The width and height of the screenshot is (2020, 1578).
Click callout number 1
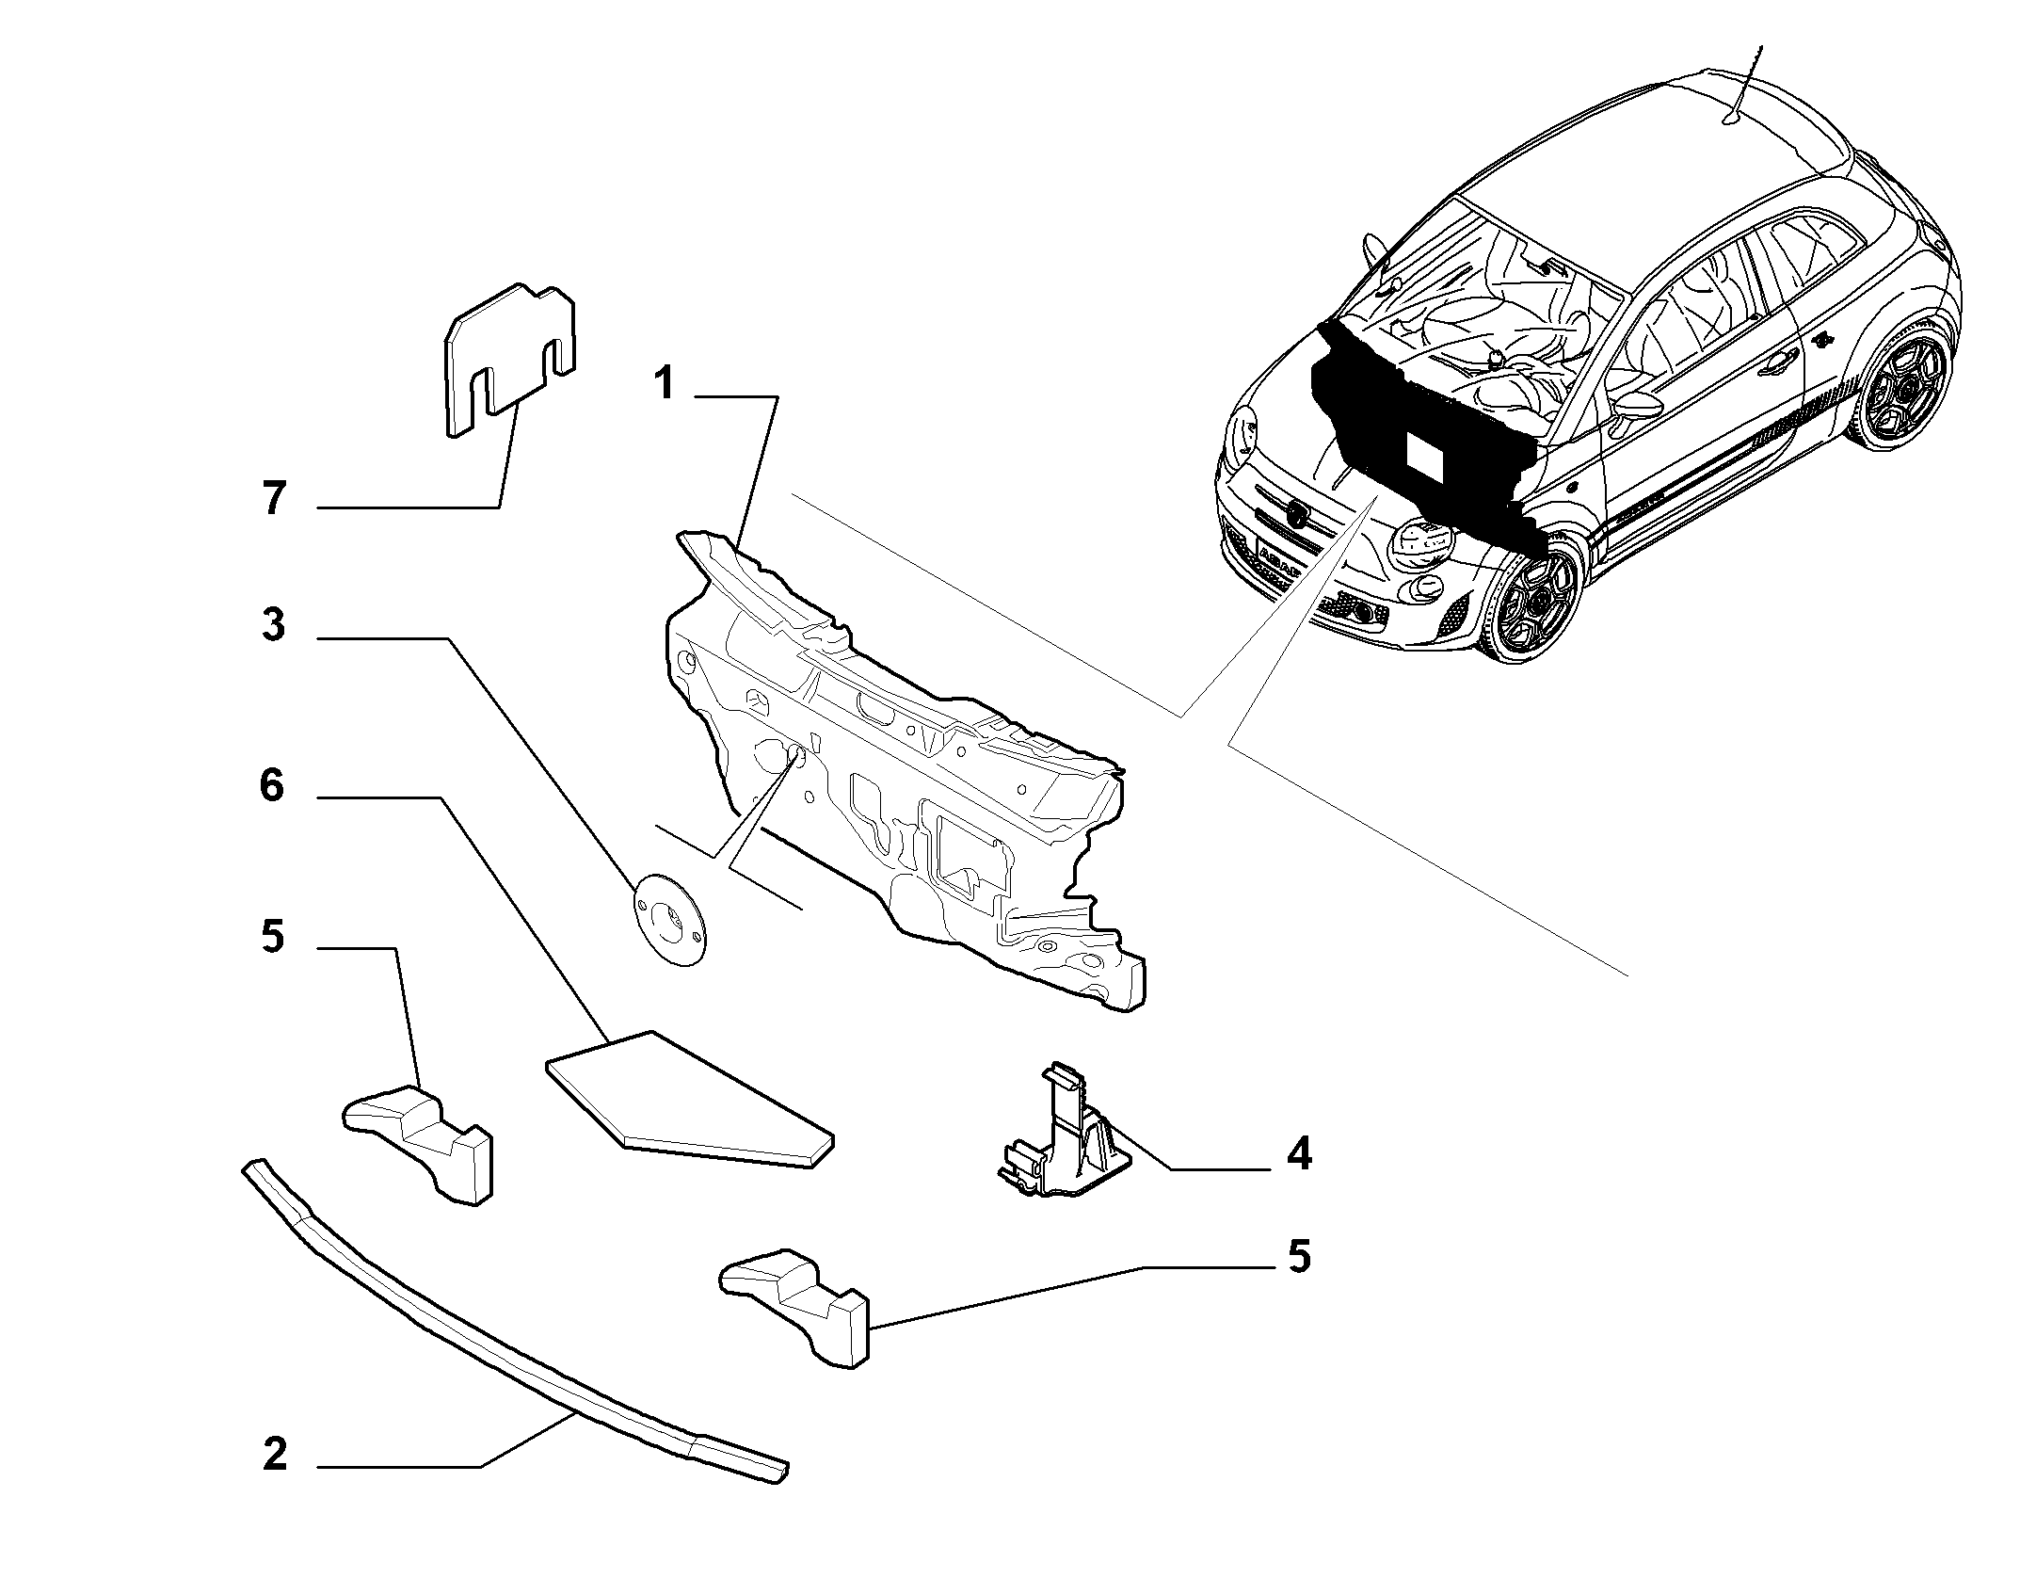[x=665, y=384]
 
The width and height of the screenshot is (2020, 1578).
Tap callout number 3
[x=273, y=625]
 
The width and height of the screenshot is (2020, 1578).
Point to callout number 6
[x=272, y=785]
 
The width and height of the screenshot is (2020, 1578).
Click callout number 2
[x=274, y=1482]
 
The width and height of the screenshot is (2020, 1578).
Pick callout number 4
[x=1299, y=1153]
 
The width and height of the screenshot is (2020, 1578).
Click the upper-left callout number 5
[x=273, y=938]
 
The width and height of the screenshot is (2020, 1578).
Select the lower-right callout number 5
[x=1299, y=1257]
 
